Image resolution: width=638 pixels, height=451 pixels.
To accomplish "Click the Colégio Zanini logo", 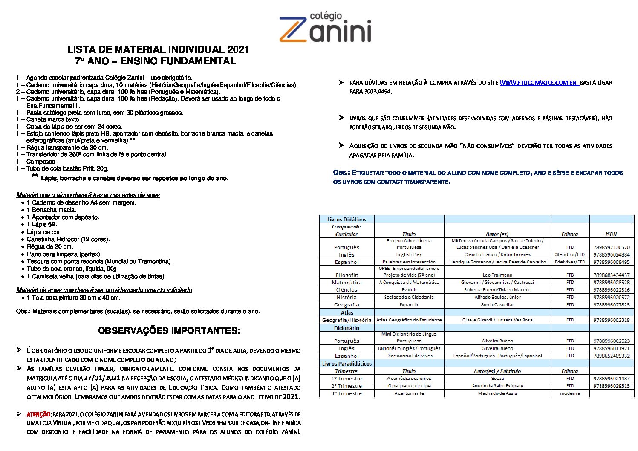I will tap(325, 28).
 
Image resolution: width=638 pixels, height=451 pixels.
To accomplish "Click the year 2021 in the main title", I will tap(238, 49).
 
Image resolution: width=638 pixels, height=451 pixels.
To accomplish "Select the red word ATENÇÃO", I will tap(39, 414).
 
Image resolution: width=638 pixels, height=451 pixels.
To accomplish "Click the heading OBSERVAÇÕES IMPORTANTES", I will tap(169, 331).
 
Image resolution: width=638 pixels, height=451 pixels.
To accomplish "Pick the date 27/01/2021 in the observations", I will tap(102, 378).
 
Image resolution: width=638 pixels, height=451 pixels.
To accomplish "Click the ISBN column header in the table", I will tap(611, 234).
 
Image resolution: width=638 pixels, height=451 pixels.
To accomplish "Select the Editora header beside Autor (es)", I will tap(569, 234).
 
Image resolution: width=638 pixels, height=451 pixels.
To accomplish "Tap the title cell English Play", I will tap(409, 254).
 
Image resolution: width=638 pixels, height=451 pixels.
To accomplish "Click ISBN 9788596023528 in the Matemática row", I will tap(611, 282).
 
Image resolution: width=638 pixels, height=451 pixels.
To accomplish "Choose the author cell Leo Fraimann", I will tap(497, 275).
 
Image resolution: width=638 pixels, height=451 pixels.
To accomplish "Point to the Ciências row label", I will tap(346, 290).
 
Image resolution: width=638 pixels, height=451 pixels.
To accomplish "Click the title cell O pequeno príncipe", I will tap(409, 386).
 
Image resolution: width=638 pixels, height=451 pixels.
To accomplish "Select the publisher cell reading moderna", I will tap(570, 393).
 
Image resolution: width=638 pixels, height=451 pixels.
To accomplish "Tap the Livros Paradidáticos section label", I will tap(346, 364).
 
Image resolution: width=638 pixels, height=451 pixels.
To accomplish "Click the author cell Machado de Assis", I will tap(497, 393).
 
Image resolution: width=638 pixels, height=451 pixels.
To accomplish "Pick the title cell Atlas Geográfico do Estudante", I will tap(409, 320).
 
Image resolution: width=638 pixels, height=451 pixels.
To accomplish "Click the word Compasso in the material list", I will tap(41, 162).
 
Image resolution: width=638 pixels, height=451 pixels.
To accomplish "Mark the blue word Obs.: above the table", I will tap(341, 173).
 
